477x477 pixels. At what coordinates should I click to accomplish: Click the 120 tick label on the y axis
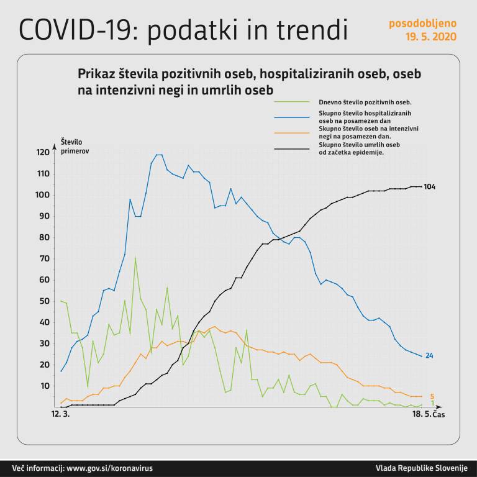43,153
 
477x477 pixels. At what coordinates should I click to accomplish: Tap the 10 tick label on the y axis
45,386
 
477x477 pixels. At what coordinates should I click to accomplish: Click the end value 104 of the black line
429,186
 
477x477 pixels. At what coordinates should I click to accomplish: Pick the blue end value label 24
429,356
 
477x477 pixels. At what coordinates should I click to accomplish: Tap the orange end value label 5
432,396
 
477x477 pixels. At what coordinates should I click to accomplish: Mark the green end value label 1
432,404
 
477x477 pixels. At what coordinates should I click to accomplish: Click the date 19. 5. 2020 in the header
430,36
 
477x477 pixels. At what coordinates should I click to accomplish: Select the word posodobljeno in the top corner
422,24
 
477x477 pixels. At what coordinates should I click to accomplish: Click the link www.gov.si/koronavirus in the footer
109,468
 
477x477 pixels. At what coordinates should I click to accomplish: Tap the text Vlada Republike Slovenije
420,468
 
